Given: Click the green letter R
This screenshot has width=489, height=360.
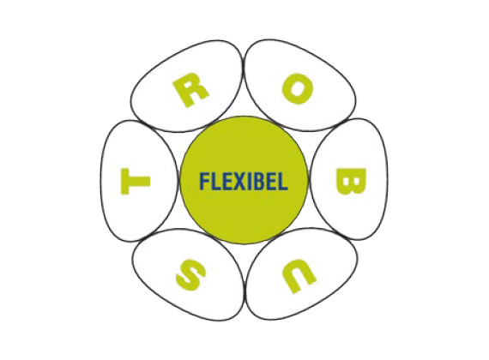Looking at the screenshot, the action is point(190,93).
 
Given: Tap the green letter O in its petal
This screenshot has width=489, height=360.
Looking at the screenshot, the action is point(297,89).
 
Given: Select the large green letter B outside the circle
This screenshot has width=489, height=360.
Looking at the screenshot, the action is point(350,181).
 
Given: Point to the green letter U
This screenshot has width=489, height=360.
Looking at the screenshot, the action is point(298,276).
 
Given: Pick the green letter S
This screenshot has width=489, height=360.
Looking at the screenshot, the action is point(190,274).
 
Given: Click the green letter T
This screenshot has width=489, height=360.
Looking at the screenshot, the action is point(136,181).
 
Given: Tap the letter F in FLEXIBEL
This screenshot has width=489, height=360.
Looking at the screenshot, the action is point(204,181).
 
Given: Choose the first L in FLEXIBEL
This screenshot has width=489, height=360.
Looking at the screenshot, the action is point(214,181).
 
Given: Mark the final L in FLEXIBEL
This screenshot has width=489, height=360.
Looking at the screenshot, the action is point(282,181).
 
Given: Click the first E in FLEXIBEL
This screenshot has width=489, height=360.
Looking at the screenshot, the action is point(224,181).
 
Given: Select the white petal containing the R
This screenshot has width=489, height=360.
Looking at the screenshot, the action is point(186,87).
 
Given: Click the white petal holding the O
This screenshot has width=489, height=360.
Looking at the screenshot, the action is point(300,85).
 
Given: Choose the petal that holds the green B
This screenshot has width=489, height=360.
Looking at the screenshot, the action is point(350,179).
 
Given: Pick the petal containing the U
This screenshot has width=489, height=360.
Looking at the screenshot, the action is point(302,274).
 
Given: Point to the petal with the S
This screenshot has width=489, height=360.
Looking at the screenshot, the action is point(188,275).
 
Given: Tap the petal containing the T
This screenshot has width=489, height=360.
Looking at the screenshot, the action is point(139,181).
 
